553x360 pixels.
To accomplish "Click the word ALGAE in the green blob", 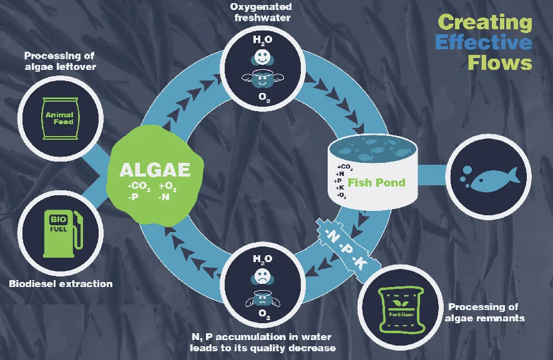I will tap(154, 170).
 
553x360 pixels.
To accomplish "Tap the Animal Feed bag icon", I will tap(59, 118).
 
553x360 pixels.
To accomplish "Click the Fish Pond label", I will tap(376, 183).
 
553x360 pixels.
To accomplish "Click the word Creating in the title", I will tap(485, 22).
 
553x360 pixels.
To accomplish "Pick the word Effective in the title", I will tap(484, 42).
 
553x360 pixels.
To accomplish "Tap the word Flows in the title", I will tap(499, 62).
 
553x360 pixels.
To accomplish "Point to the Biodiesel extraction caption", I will tap(61, 284).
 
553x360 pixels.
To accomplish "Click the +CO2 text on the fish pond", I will tap(344, 167).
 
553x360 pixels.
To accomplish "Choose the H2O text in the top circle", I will tap(262, 41).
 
